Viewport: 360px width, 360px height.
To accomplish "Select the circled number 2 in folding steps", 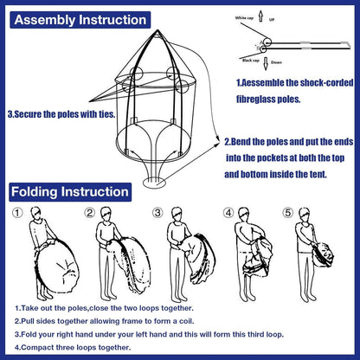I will pyautogui.click(x=90, y=213).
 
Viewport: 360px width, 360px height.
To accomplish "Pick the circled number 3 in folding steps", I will pyautogui.click(x=157, y=213).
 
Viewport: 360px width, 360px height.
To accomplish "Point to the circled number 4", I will pyautogui.click(x=229, y=213).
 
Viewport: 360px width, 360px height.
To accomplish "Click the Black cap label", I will pyautogui.click(x=254, y=61).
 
